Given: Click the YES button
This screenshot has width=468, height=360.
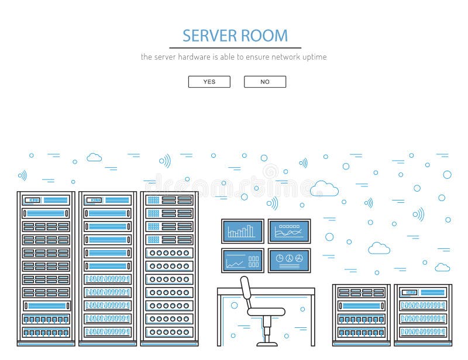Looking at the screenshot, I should tap(209, 82).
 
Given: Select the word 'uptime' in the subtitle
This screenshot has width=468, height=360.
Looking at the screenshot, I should tap(313, 57).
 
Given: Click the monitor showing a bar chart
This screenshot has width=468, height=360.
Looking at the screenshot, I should tap(242, 231).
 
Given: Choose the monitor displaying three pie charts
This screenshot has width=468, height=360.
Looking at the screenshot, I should tap(289, 260).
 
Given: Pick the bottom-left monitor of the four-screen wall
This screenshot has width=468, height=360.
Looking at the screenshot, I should tap(242, 260).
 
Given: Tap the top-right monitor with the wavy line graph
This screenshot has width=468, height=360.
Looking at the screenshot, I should tap(289, 231).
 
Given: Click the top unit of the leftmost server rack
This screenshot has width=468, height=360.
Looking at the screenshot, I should tap(46, 200).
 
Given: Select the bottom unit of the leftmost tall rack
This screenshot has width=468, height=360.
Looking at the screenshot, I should tap(46, 332).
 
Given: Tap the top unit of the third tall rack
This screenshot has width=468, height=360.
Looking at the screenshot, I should tap(169, 200).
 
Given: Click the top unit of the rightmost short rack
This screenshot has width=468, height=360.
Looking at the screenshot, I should tap(422, 292).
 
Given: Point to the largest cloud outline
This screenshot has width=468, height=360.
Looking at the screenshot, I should tap(324, 188).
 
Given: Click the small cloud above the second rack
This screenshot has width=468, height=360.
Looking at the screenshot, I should tap(94, 157).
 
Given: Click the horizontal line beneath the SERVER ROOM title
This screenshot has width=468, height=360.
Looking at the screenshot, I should tap(235, 48).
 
